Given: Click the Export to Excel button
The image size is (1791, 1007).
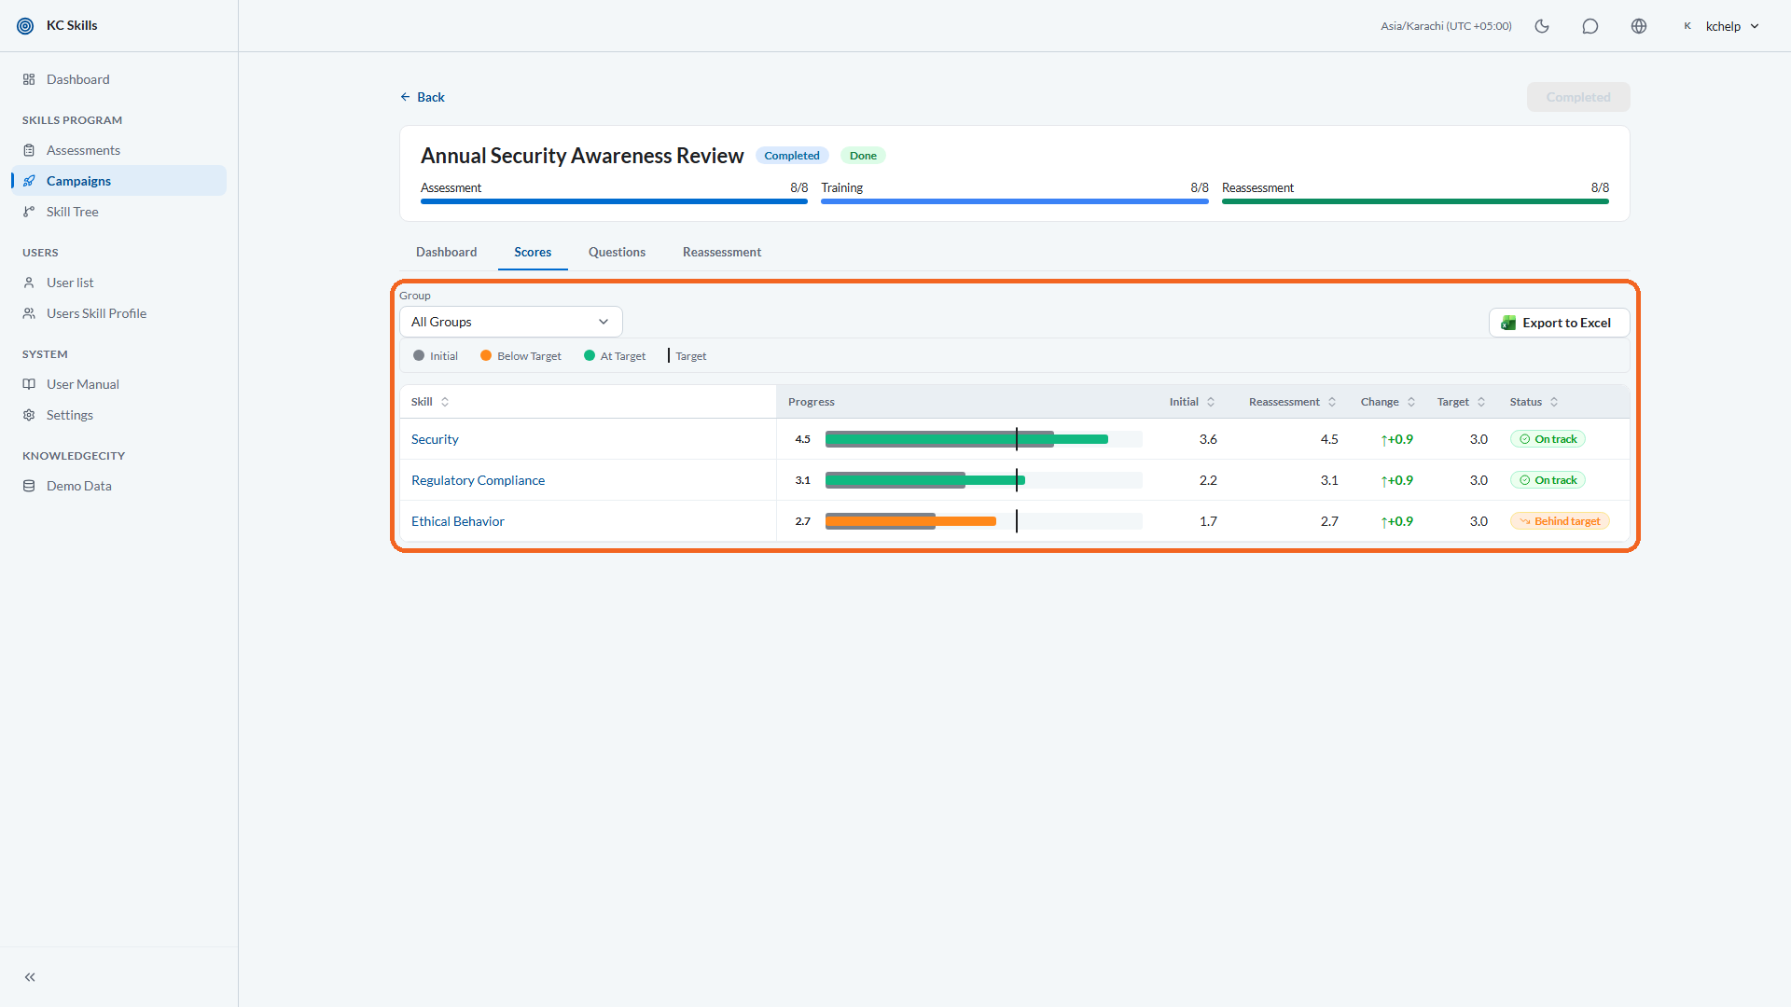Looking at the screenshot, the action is tap(1559, 323).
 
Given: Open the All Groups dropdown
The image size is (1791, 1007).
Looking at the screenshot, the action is tap(510, 322).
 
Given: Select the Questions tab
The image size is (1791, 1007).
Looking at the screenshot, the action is tap(617, 252).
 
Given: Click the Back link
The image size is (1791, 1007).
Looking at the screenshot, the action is tap(423, 97).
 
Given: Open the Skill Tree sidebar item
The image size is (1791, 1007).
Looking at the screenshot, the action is tap(73, 212).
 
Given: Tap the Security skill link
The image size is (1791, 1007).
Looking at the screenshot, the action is tap(435, 439).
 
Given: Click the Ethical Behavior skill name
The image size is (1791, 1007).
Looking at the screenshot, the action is tap(458, 521).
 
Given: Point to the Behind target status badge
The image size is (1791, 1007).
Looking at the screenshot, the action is tap(1560, 521).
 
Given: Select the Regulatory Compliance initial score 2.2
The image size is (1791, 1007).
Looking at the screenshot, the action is tap(1208, 480).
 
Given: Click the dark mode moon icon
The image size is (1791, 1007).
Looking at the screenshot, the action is tap(1542, 26).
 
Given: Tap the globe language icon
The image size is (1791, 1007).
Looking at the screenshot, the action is tap(1639, 26).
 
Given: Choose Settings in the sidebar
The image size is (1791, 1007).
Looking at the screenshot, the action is tap(70, 415).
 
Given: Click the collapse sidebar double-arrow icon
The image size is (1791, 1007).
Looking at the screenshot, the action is tap(30, 977).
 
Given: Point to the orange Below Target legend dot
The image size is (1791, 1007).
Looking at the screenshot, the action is tap(486, 355).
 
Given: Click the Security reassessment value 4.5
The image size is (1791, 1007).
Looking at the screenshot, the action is tap(1329, 439).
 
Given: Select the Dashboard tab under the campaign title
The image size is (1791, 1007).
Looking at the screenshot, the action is tap(446, 252).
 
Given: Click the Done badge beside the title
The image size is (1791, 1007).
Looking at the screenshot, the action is tap(863, 156).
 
